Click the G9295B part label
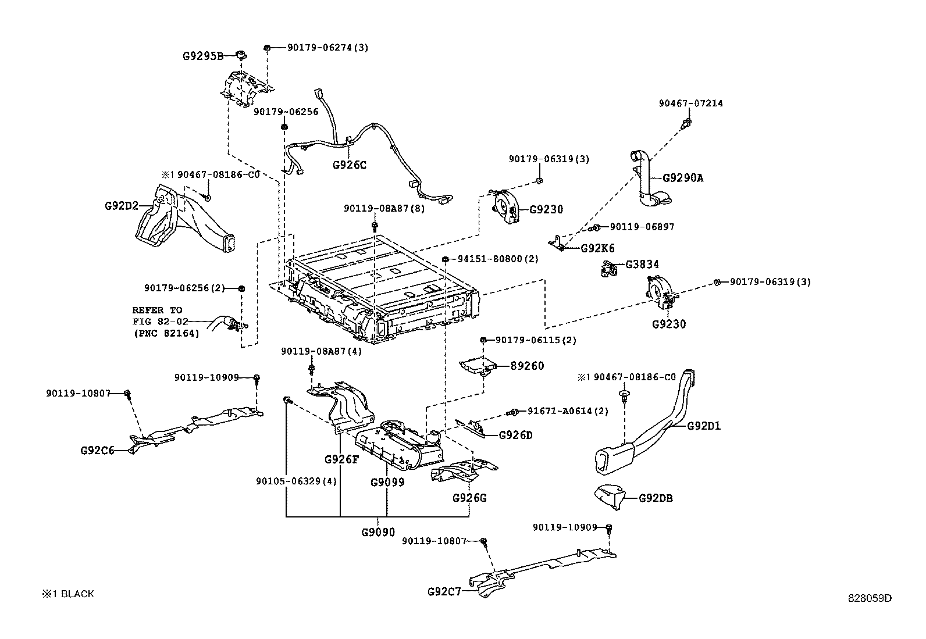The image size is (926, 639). [x=202, y=56]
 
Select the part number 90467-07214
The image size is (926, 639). [x=690, y=103]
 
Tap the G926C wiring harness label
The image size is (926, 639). [x=350, y=165]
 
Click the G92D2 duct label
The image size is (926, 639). [x=122, y=206]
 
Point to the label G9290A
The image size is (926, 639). [x=682, y=179]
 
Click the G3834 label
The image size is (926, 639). [x=642, y=265]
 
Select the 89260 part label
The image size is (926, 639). [x=528, y=366]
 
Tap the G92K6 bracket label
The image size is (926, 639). [x=597, y=248]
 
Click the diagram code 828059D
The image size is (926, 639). [x=869, y=598]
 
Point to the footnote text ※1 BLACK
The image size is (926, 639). [x=67, y=594]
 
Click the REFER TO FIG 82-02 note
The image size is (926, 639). [x=166, y=322]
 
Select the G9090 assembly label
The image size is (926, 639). [x=378, y=532]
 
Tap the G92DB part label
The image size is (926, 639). [x=656, y=498]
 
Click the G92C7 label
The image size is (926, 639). [x=444, y=592]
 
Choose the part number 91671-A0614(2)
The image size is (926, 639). [x=568, y=411]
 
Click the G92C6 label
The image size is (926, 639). [x=97, y=450]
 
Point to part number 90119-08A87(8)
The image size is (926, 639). [x=384, y=208]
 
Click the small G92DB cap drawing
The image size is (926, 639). [x=608, y=495]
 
